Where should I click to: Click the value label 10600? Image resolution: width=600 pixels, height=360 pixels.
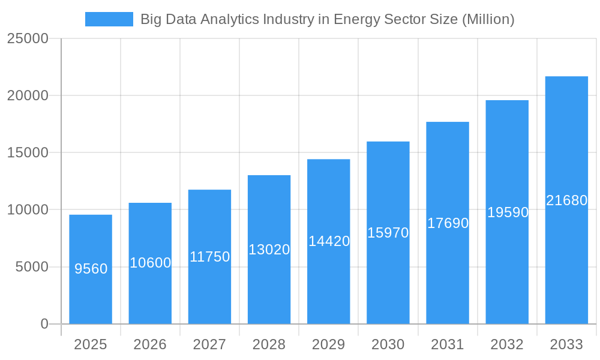pos(150,263)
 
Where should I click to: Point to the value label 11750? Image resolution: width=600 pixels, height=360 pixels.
pos(209,257)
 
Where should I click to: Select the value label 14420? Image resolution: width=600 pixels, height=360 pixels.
pos(329,241)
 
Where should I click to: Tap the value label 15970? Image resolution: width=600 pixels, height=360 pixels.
pos(388,233)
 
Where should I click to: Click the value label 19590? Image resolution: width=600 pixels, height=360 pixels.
pos(507,212)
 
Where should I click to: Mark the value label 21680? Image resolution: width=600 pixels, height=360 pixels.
pos(566,200)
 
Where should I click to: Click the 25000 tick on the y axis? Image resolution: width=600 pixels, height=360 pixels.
pos(27,38)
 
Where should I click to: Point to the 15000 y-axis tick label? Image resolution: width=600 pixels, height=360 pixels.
pos(27,152)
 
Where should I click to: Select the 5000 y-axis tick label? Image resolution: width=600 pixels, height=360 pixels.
pos(31,267)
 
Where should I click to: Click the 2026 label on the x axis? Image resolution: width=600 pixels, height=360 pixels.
pos(150,344)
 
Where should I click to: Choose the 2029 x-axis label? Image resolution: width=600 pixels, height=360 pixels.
pos(329,344)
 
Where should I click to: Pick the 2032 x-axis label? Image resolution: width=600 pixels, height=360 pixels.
pos(507,344)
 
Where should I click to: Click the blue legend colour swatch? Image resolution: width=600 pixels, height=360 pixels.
pos(109,19)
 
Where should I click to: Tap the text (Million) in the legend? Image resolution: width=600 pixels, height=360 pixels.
pos(488,19)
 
